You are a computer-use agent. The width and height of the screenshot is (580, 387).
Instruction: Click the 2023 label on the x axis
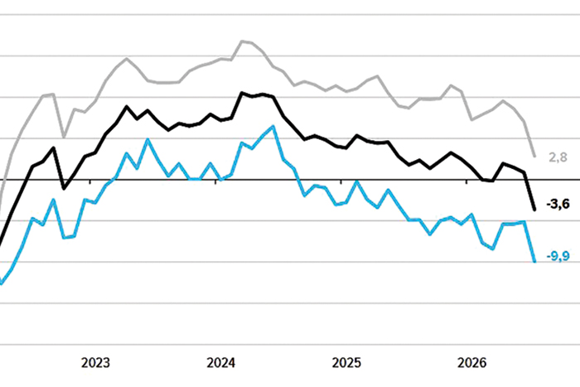pyautogui.click(x=95, y=363)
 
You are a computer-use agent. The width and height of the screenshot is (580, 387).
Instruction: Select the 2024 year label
pyautogui.click(x=221, y=363)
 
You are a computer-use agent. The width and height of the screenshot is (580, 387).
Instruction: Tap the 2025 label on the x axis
pyautogui.click(x=346, y=363)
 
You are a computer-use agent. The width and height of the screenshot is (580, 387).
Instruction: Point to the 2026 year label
pyautogui.click(x=471, y=363)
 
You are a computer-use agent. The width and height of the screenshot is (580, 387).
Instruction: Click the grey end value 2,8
pyautogui.click(x=558, y=157)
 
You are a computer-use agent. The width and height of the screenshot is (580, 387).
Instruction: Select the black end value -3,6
pyautogui.click(x=558, y=204)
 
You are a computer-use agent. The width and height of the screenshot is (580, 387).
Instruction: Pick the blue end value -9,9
pyautogui.click(x=558, y=256)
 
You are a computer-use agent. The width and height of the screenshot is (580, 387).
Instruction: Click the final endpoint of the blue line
pyautogui.click(x=534, y=261)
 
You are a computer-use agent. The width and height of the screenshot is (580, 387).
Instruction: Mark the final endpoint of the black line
pyautogui.click(x=534, y=210)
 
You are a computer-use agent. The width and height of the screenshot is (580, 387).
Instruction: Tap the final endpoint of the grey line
pyautogui.click(x=534, y=156)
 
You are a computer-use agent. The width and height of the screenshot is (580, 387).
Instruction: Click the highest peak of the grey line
pyautogui.click(x=242, y=41)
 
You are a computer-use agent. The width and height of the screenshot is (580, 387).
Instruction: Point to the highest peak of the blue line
pyautogui.click(x=273, y=126)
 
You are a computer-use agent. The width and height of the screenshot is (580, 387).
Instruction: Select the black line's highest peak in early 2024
pyautogui.click(x=242, y=93)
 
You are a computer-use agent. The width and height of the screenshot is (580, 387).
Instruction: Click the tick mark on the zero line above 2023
pyautogui.click(x=89, y=181)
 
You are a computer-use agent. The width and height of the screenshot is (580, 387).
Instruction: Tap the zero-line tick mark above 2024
pyautogui.click(x=215, y=181)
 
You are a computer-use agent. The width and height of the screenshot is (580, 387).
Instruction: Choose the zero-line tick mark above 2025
pyautogui.click(x=341, y=181)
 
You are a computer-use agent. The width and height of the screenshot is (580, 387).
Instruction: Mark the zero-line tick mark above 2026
pyautogui.click(x=466, y=181)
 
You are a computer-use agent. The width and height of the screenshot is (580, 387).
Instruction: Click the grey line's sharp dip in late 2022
pyautogui.click(x=64, y=138)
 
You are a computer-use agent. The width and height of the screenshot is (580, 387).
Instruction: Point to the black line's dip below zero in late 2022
pyautogui.click(x=64, y=189)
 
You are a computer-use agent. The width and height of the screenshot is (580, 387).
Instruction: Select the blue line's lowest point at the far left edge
pyautogui.click(x=1, y=283)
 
